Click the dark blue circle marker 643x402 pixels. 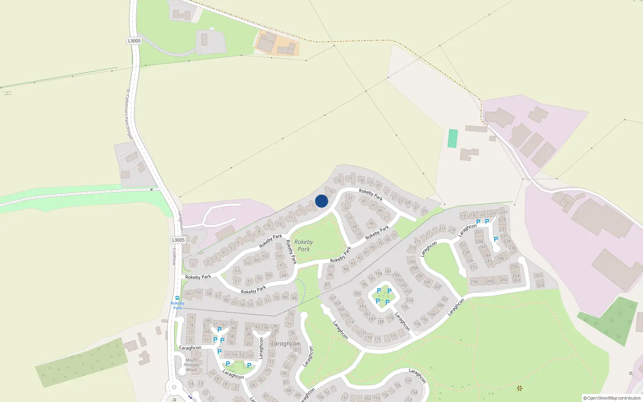coord(321,201)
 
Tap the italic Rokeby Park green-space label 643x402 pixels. coord(303,245)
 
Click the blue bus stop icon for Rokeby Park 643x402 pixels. coord(177,298)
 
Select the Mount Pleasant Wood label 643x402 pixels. coord(191,365)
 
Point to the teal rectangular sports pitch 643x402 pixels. coord(453,138)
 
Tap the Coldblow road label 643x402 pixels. coord(174,256)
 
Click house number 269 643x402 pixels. coord(541,285)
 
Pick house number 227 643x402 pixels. coord(504,212)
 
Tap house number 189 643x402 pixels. coord(388,271)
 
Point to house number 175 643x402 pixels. coord(377,340)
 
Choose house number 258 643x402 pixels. coord(474,282)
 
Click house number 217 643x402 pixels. coord(463,216)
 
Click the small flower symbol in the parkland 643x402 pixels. coord(519,388)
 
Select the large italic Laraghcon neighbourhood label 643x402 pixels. coord(285,344)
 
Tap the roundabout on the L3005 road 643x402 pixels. coord(174,388)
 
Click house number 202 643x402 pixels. coord(437,287)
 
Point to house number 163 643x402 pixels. coord(345,397)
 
